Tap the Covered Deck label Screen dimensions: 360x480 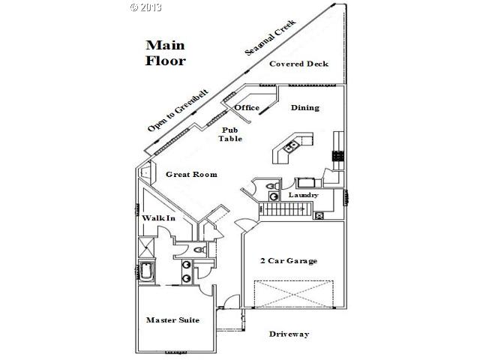tap(298, 64)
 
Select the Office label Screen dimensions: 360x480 tap(247, 108)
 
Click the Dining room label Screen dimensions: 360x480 tap(304, 108)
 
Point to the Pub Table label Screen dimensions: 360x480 tap(229, 134)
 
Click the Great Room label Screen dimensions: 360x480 tap(191, 175)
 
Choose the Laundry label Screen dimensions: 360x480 tap(304, 195)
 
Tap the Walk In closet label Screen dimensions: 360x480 tap(158, 218)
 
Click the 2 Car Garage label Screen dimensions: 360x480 tap(289, 261)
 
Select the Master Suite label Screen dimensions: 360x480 tap(172, 320)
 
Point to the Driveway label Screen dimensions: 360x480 tap(289, 334)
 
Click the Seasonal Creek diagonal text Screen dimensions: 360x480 tap(271, 37)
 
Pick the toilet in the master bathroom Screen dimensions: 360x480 tap(199, 250)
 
